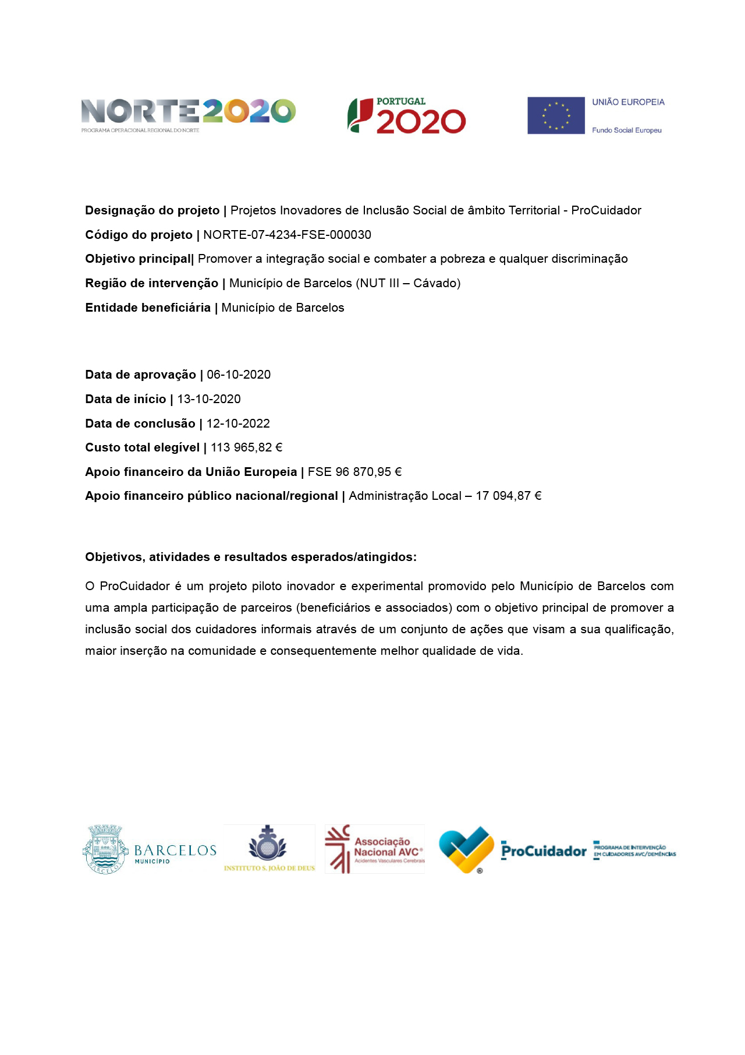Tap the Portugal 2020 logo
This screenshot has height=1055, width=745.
point(407,116)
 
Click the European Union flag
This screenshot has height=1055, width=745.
point(556,115)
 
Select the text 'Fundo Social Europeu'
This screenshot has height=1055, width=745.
point(627,130)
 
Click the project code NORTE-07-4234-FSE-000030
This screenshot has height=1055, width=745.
point(287,235)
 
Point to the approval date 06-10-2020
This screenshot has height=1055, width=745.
point(239,375)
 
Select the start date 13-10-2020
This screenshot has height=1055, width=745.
point(209,399)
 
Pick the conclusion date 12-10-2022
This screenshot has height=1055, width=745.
point(238,424)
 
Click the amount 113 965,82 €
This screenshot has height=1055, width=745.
point(247,447)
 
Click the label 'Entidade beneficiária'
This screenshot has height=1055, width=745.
point(148,308)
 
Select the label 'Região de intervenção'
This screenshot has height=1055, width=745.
point(151,283)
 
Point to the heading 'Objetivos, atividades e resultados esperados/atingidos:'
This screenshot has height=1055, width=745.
point(251,557)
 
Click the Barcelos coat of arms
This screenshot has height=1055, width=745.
point(105,849)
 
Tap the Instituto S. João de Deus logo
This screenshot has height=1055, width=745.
point(268,848)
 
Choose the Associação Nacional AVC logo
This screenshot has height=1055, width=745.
point(375,849)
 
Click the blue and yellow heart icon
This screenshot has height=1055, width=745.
point(466,849)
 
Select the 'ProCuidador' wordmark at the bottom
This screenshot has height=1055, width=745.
point(544,851)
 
